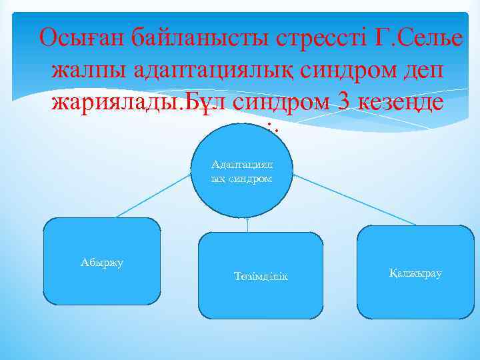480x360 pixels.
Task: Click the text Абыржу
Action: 102,262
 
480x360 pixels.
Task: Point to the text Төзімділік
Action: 261,276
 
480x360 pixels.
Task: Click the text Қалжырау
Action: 415,273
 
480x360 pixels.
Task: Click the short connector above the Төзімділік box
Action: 247,225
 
